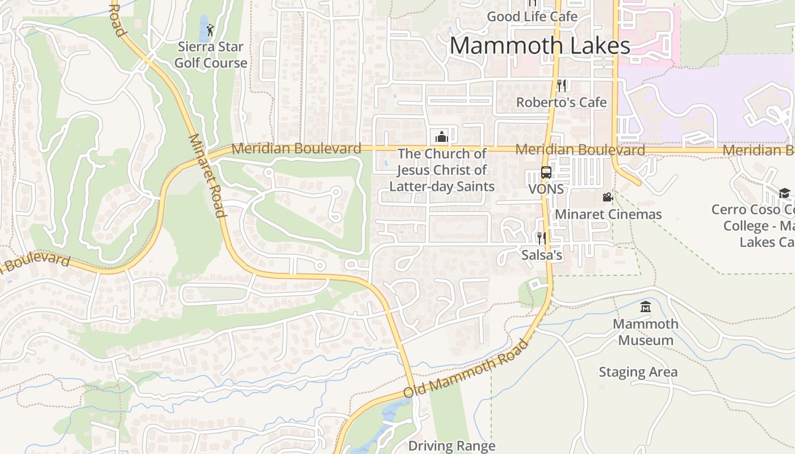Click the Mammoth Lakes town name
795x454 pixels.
(x=539, y=46)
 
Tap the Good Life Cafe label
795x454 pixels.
(x=532, y=17)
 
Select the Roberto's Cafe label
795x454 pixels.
(x=561, y=103)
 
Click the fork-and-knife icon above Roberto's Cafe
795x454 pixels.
(x=562, y=86)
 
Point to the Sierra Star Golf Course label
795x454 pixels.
(x=211, y=55)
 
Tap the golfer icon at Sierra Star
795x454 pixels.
(x=211, y=30)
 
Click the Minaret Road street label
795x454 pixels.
(x=205, y=175)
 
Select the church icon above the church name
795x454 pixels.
(x=441, y=137)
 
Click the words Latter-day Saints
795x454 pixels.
(x=442, y=186)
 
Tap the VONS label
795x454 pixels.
(x=546, y=189)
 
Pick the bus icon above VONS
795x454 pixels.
(x=546, y=173)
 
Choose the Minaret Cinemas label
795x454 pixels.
(x=608, y=215)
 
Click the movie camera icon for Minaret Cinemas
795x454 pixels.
(x=608, y=197)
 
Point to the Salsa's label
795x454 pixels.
(x=542, y=255)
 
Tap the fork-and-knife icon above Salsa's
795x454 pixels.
(x=542, y=238)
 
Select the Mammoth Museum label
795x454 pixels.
(x=646, y=332)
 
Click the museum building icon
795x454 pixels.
(x=646, y=308)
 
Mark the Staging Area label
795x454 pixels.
(x=638, y=372)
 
